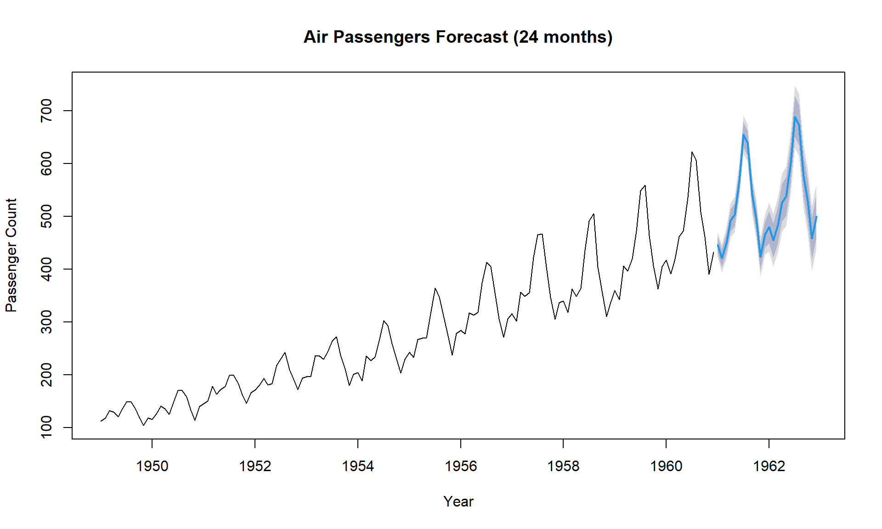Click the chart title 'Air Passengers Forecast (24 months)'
458,37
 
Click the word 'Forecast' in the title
472,37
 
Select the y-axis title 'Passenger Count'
11,255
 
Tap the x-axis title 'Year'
458,501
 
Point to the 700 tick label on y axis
47,111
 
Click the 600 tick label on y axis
47,163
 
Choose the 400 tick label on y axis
47,269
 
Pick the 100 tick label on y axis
47,428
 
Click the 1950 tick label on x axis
152,466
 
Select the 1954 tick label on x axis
358,466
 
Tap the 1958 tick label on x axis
563,466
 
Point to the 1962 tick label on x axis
769,466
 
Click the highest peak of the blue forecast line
795,117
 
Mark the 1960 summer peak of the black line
692,152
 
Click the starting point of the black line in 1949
101,421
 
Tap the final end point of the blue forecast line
816,217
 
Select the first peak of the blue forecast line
743,135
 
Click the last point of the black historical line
713,252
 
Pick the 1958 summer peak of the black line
594,214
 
